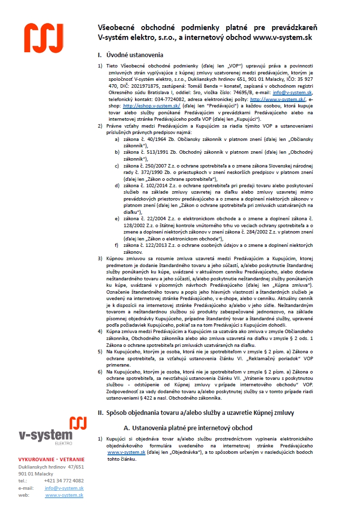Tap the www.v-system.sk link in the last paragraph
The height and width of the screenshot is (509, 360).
click(x=126, y=452)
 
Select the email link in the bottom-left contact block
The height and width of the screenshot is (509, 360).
click(x=64, y=488)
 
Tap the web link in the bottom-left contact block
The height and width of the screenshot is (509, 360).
click(x=64, y=495)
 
